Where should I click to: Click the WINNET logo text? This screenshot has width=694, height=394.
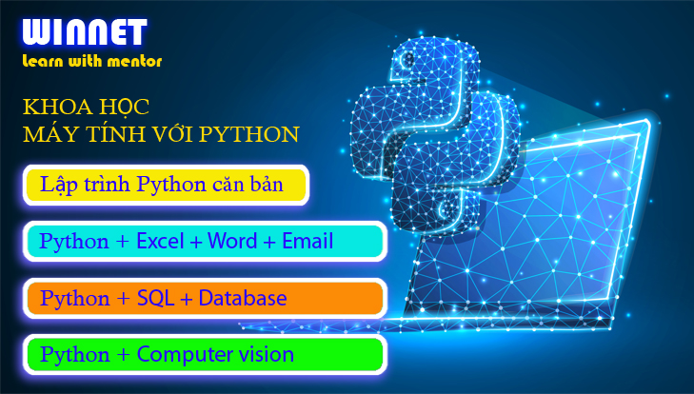tap(84, 31)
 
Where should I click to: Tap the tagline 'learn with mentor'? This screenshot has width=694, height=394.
tap(92, 61)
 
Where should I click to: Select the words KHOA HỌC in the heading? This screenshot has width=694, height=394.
tap(86, 108)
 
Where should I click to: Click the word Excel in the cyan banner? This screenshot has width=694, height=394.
tap(160, 241)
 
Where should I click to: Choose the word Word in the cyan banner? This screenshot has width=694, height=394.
tap(232, 241)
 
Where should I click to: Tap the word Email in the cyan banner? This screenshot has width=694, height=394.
tap(307, 241)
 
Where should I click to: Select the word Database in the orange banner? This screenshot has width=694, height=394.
tap(243, 298)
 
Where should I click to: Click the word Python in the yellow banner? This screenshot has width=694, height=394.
tap(171, 185)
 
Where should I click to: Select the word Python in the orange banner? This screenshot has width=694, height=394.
tap(75, 299)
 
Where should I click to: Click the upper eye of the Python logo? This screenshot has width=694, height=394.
tap(407, 59)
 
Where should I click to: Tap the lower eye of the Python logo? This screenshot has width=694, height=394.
tap(446, 207)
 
